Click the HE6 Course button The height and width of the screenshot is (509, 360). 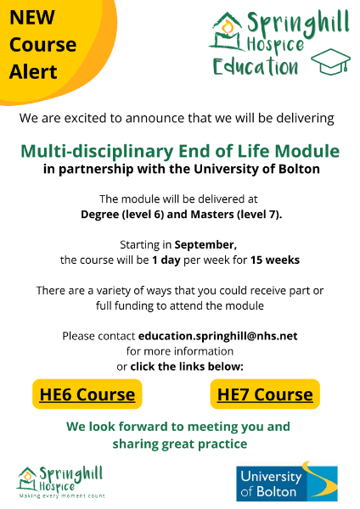(87, 394)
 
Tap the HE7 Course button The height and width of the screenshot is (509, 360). (265, 394)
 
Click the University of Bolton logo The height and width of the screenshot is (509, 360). (286, 483)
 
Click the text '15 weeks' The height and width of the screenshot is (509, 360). (275, 259)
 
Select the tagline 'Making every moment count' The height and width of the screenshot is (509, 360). (61, 495)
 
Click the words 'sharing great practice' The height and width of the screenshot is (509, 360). (179, 444)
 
